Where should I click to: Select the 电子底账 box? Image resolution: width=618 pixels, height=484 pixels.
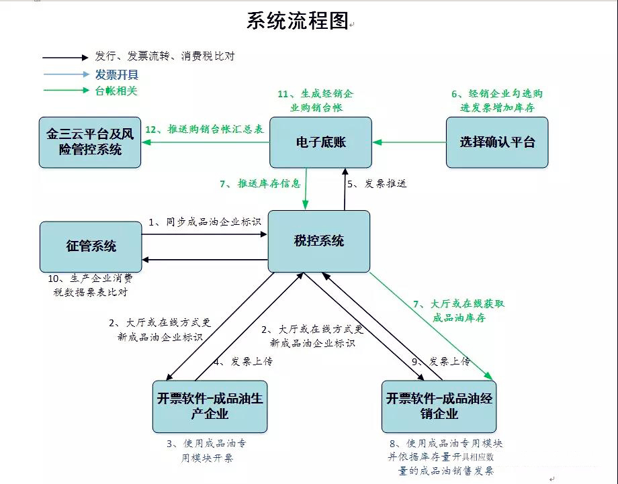[x=320, y=142]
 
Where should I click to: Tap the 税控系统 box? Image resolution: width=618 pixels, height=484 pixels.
[x=319, y=241]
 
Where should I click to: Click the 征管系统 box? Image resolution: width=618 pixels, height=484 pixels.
[x=91, y=246]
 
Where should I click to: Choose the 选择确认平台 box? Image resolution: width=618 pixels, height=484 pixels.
[x=497, y=142]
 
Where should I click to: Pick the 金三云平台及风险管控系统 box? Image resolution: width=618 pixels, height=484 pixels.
[x=89, y=142]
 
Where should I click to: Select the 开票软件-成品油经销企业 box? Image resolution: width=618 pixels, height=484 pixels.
[x=439, y=406]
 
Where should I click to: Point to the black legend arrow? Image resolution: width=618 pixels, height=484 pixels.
[x=65, y=57]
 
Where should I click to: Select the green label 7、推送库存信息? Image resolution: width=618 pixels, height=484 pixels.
[x=259, y=183]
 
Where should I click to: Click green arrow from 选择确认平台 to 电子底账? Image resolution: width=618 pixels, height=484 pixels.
[x=410, y=142]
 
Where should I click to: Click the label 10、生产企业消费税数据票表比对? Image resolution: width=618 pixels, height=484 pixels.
[x=91, y=285]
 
